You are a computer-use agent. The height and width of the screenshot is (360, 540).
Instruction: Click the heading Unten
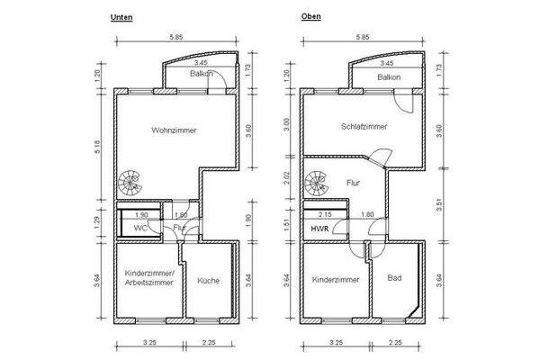(x=121, y=17)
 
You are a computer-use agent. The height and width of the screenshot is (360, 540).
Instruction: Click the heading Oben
(x=311, y=16)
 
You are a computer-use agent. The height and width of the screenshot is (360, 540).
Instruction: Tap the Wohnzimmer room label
(x=174, y=130)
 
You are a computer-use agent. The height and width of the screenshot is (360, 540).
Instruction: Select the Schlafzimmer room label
(x=364, y=127)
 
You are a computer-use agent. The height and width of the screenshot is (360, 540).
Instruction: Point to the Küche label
(x=209, y=281)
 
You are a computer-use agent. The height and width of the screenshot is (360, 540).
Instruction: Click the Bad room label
(x=394, y=278)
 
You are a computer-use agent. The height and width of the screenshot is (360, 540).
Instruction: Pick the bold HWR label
(x=319, y=229)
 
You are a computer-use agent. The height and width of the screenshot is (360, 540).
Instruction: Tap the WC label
(x=140, y=228)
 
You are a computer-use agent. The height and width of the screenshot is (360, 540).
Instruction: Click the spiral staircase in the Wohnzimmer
(x=130, y=184)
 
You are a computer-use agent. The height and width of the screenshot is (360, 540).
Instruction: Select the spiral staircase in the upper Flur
(x=317, y=184)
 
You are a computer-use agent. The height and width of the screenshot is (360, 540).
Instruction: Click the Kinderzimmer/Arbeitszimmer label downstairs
(x=149, y=278)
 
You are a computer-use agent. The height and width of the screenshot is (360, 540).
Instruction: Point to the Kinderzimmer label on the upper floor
(x=336, y=280)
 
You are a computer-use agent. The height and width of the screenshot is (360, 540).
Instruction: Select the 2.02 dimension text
(x=286, y=178)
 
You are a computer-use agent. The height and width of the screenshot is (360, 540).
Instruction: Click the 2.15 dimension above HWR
(x=325, y=214)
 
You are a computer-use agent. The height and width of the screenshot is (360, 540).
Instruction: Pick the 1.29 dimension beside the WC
(x=97, y=222)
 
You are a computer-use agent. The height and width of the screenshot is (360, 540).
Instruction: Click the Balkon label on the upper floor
(x=389, y=77)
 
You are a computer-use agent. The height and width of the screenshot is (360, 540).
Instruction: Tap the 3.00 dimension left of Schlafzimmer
(x=286, y=124)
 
